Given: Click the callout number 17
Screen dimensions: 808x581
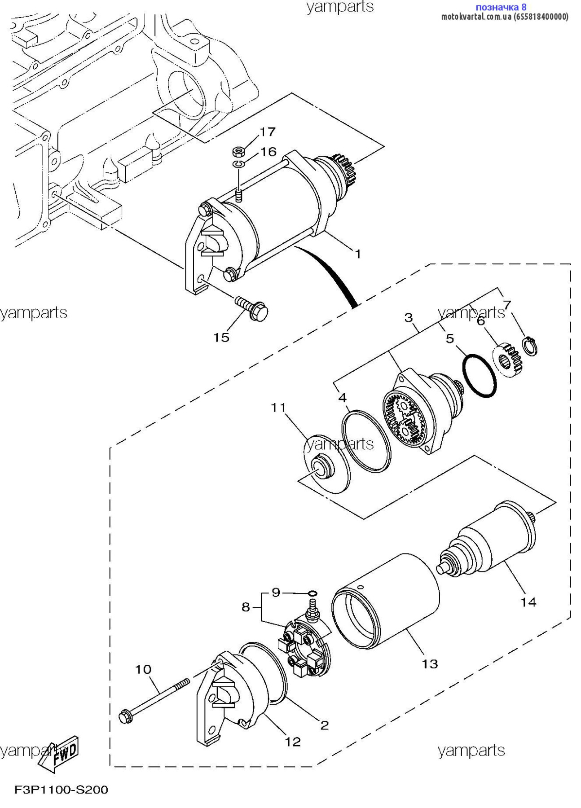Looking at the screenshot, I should click(268, 132).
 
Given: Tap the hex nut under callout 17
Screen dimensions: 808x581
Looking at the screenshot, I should click(238, 151).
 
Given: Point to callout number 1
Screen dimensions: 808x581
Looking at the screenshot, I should click(358, 254).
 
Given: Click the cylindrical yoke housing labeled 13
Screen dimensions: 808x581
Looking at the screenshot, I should click(386, 602).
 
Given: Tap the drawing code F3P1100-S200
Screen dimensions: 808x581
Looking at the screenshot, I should click(62, 790).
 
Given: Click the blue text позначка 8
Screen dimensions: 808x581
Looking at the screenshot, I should click(501, 7).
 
